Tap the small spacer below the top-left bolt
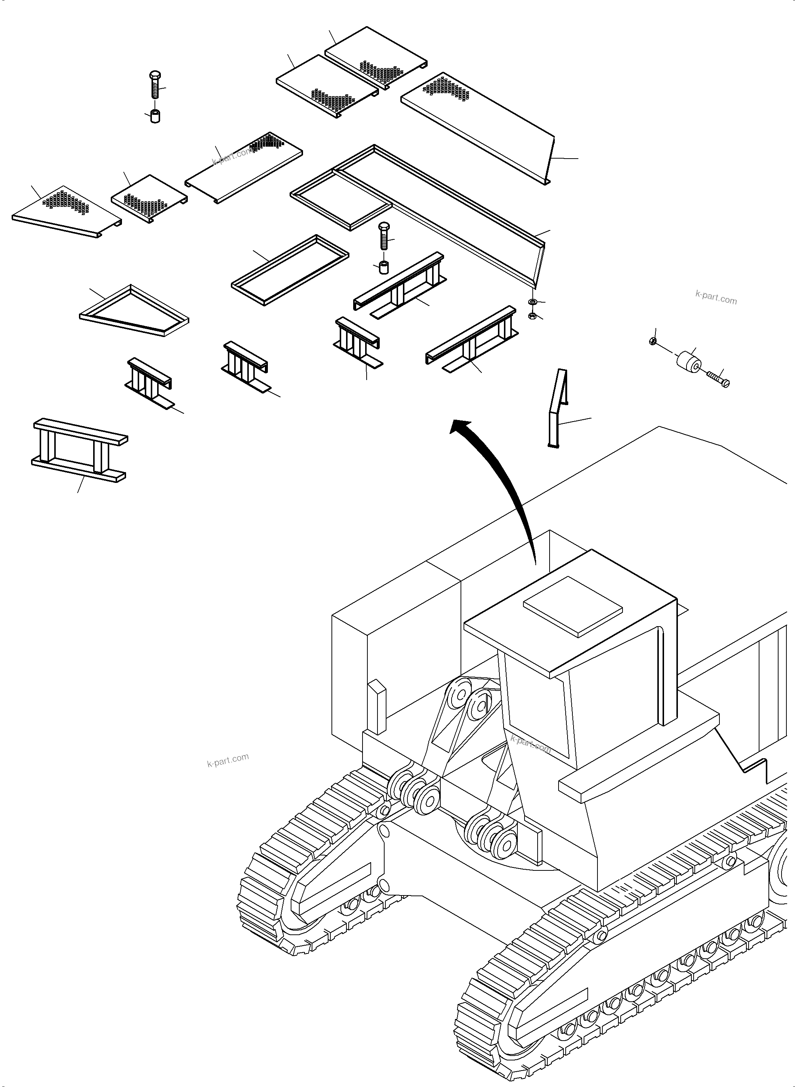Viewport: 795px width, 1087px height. click(x=155, y=116)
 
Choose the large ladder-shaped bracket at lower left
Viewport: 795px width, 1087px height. click(x=79, y=450)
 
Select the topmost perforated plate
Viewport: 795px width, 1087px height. click(x=375, y=58)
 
